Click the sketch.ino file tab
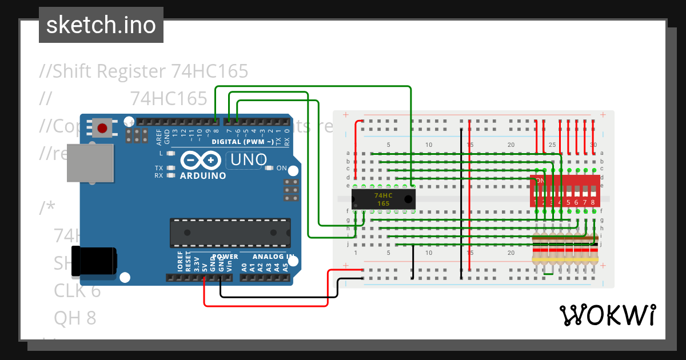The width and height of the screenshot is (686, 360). point(101,25)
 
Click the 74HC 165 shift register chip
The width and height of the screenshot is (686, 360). point(383,199)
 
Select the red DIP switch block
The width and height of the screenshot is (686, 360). point(565,191)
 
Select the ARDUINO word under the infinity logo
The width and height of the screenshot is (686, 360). point(203,175)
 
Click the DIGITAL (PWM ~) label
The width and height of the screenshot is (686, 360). point(242,141)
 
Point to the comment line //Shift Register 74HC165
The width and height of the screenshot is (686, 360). point(143,71)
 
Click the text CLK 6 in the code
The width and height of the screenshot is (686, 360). point(77,291)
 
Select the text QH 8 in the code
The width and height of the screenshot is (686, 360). point(75,318)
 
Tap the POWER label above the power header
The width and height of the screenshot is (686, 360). point(225,257)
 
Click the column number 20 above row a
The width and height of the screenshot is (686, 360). point(511,145)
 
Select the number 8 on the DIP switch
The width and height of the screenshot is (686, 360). point(593,202)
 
